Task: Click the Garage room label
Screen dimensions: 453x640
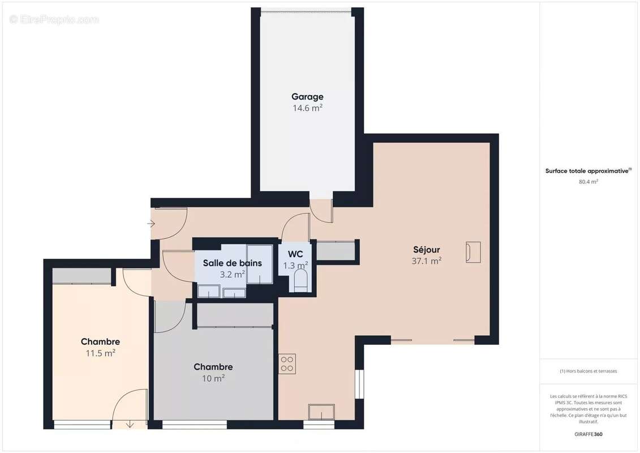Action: point(307,97)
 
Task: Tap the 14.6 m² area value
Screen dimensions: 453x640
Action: point(307,108)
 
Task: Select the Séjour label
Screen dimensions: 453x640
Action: point(426,250)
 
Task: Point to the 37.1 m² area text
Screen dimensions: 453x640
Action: point(426,261)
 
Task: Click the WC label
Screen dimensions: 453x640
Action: point(296,254)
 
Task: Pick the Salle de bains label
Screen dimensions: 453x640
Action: point(232,263)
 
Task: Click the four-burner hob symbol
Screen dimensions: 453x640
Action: point(287,363)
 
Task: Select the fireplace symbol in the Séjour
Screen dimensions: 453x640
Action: point(473,252)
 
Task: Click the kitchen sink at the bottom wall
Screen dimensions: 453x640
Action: point(321,412)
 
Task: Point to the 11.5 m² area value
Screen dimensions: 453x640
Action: point(100,353)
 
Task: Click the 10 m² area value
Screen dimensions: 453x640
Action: point(213,378)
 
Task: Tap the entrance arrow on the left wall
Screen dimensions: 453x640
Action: point(151,224)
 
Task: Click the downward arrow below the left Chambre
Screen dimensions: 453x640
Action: point(130,424)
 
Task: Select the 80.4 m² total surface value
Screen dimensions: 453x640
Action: point(589,182)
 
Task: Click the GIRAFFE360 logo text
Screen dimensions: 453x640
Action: point(589,434)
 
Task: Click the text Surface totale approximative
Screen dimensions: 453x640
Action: point(587,170)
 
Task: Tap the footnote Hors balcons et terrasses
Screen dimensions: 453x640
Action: point(589,371)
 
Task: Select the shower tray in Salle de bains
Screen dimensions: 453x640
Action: point(260,264)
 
